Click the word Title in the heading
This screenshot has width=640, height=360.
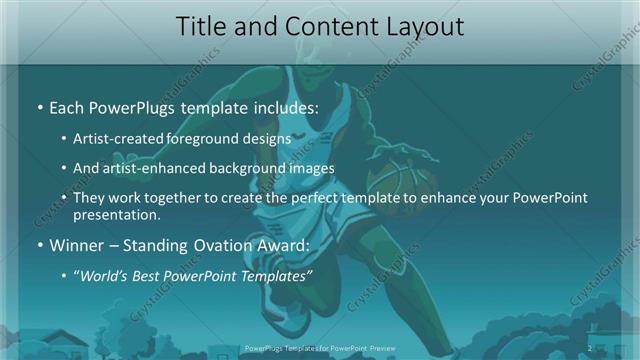(x=203, y=28)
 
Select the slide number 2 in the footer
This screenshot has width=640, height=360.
(x=591, y=348)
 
